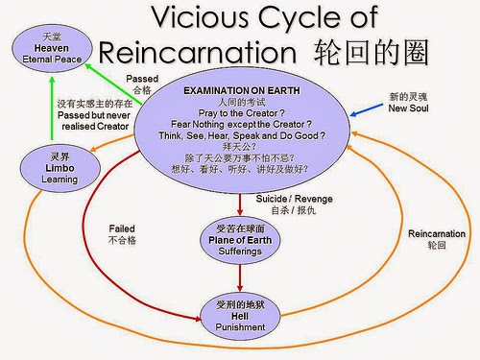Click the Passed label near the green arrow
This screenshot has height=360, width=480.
pos(141,79)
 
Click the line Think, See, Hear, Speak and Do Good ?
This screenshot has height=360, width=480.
pos(241,136)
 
